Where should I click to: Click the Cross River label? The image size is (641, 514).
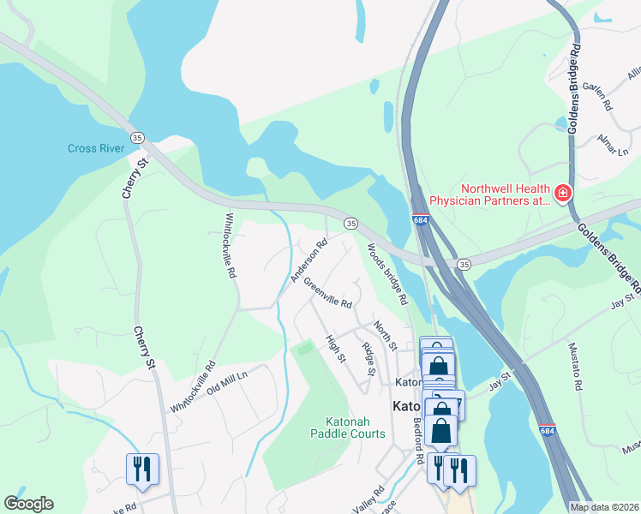click(x=96, y=148)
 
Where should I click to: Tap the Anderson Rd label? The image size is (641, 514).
click(x=309, y=260)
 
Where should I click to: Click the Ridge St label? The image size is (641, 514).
click(x=368, y=359)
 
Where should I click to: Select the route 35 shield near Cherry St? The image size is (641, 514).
click(x=136, y=137)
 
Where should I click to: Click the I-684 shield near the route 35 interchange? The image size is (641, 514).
click(x=419, y=220)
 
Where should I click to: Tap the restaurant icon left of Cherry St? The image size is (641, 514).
click(x=141, y=468)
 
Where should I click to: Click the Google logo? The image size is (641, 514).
click(x=28, y=504)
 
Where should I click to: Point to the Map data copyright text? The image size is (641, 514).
click(x=604, y=507)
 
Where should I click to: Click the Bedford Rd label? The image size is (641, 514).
click(x=419, y=441)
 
